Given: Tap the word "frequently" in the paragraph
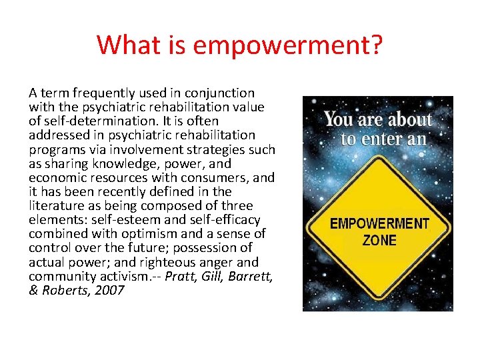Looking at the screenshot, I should coord(97,93).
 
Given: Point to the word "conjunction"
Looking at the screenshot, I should coord(222,93).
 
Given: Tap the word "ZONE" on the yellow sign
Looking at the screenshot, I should coord(379,240).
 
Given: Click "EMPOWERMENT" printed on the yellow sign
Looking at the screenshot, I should coord(379,224).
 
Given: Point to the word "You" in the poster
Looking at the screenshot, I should coord(339,121).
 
